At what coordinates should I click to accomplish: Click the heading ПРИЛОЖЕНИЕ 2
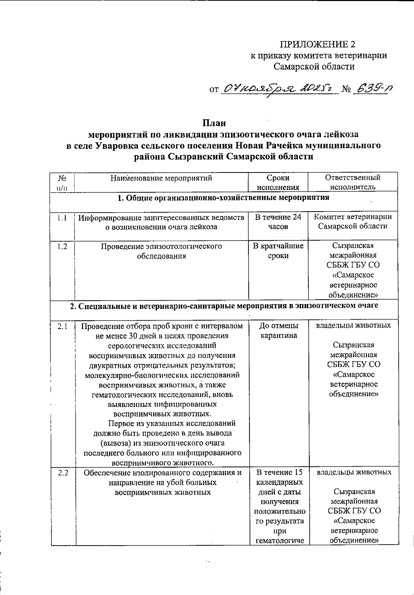point(317,44)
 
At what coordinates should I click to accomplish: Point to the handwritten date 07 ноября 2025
point(278,89)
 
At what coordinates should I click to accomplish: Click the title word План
point(214,123)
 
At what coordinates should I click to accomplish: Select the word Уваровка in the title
point(115,145)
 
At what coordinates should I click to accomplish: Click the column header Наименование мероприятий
point(161,178)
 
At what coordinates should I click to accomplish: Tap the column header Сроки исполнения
point(278,182)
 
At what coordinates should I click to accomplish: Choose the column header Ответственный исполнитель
point(353,182)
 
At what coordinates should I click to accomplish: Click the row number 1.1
point(62,217)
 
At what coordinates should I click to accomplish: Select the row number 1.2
point(62,246)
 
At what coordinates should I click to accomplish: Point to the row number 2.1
point(62,326)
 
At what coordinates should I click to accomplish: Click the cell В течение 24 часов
point(278,222)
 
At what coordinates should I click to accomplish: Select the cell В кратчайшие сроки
point(278,251)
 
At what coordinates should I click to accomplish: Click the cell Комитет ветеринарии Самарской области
point(353,222)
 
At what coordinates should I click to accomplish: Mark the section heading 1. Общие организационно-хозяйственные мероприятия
point(224,198)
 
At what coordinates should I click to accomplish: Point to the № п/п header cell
point(62,182)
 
